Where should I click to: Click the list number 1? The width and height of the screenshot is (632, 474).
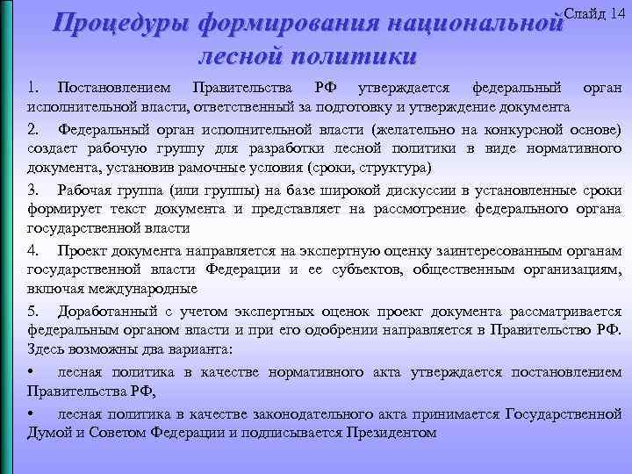coord(32,89)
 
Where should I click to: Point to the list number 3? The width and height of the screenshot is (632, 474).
coord(32,190)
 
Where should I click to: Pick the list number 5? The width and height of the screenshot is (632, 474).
coord(32,312)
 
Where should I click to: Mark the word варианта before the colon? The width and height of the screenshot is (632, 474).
coord(199,349)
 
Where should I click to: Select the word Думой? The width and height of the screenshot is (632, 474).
coord(47,432)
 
